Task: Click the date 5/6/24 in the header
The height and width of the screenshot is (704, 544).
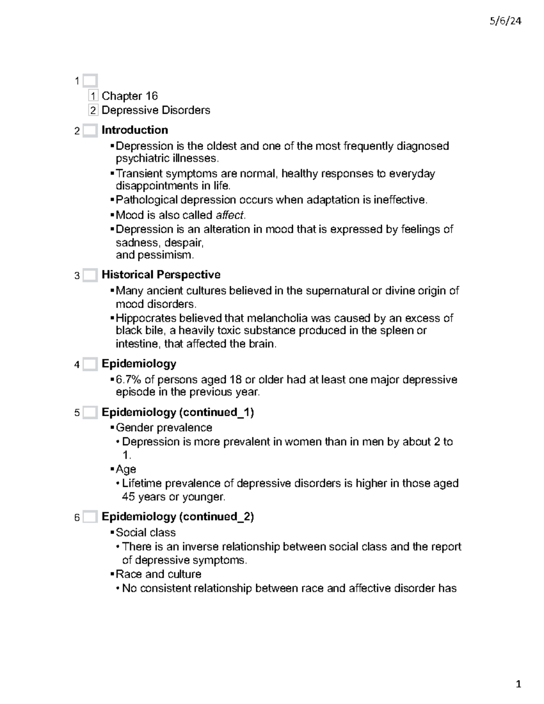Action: click(505, 21)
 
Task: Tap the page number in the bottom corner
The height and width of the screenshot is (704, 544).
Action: click(518, 684)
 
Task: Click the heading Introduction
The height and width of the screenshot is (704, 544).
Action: click(135, 130)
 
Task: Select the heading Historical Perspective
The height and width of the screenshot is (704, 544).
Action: click(161, 275)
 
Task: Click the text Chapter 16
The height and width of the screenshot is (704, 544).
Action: click(130, 96)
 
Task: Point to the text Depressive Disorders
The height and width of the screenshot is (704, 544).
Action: click(156, 110)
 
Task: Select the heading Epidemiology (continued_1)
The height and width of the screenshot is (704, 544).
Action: click(178, 412)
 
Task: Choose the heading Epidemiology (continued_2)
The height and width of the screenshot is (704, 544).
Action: click(178, 517)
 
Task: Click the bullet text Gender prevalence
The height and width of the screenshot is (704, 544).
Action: click(164, 427)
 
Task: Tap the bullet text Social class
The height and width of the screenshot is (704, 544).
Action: click(146, 532)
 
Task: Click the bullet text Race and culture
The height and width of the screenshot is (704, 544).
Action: click(158, 574)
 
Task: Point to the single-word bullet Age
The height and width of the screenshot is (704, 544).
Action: click(126, 469)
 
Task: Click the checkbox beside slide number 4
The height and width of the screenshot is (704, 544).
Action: click(90, 364)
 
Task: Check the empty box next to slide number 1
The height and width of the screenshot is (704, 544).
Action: click(90, 81)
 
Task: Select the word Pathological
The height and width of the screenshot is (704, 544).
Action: click(146, 200)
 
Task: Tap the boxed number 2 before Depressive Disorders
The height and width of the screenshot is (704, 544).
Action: click(93, 110)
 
